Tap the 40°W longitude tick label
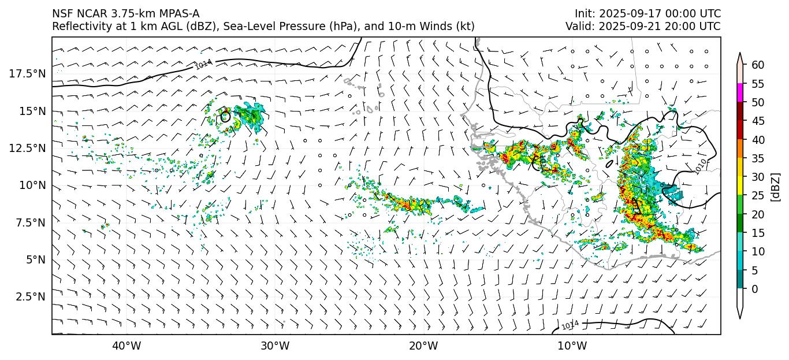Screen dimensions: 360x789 point(126,346)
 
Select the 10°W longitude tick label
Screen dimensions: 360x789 point(572,346)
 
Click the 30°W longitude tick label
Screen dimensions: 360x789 point(275,346)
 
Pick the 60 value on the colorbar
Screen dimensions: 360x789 point(758,65)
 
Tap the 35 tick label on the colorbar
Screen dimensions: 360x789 point(758,158)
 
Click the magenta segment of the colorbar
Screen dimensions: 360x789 point(740,93)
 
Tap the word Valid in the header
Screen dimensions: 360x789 point(577,27)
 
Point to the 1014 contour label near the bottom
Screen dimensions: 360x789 point(570,325)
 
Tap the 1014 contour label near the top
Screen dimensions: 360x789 point(203,64)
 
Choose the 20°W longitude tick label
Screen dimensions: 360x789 point(423,346)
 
